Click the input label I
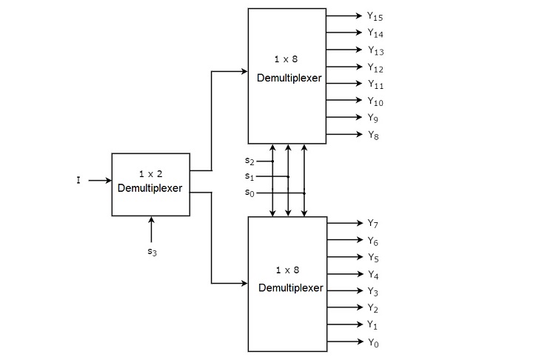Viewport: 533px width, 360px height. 78,180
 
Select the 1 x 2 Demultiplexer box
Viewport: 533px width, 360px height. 150,184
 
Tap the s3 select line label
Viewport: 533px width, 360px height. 151,251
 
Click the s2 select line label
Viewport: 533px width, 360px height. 249,160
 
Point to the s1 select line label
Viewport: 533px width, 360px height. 249,176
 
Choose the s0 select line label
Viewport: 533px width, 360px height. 249,193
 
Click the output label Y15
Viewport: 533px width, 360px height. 375,16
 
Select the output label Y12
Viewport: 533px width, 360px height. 375,67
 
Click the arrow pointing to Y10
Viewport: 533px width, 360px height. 343,101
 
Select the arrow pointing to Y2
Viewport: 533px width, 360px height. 343,308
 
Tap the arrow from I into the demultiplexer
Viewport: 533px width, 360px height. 99,180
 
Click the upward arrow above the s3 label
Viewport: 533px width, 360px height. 151,229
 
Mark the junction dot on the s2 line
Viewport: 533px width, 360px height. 273,160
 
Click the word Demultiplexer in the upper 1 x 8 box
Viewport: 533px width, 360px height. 289,78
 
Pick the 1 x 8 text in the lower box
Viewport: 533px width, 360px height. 286,270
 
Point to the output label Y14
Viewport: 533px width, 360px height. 375,33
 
